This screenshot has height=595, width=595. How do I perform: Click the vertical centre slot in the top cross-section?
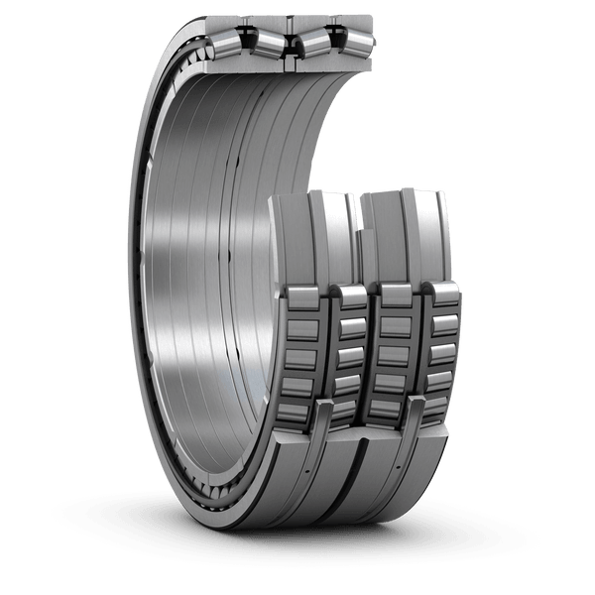click(287, 40)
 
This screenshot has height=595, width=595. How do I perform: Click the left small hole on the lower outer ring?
click(309, 466)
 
